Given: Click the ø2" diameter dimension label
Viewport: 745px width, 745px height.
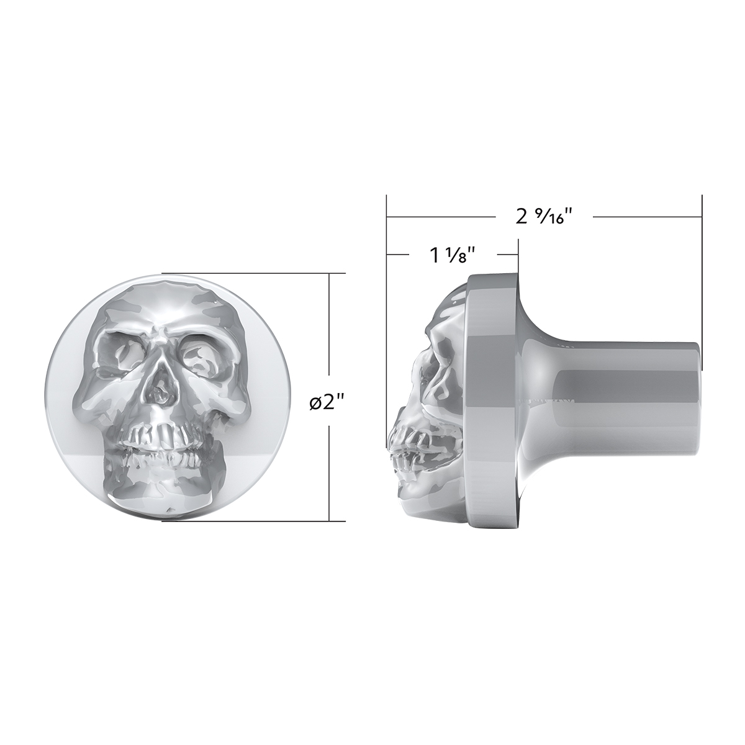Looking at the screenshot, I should tap(327, 403).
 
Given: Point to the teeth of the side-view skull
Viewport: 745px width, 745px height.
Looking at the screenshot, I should tap(410, 453).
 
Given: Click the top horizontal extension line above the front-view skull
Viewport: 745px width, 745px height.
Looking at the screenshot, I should tap(248, 273).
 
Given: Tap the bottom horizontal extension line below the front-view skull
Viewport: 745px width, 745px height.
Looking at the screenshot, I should tap(248, 521).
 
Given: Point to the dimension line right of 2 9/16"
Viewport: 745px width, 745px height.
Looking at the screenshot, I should tap(646, 217).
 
